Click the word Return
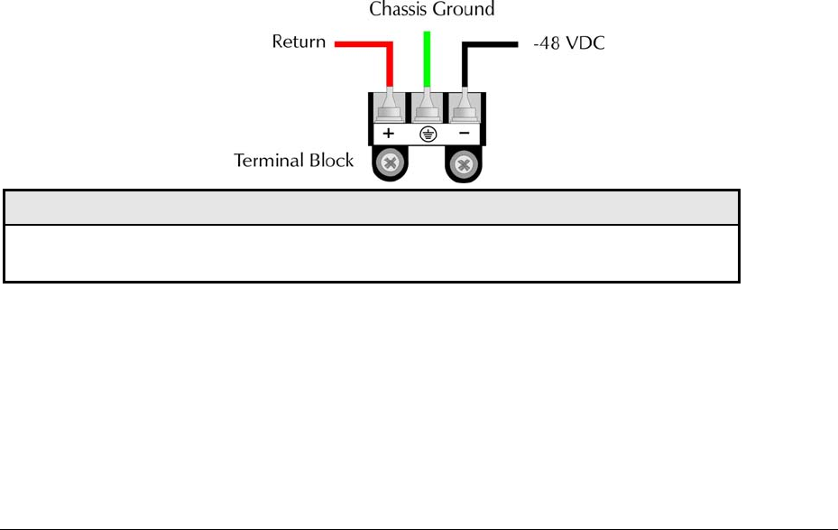[299, 42]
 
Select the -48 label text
[540, 42]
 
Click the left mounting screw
[391, 164]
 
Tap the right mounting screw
[464, 164]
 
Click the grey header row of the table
[372, 207]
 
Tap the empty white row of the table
[372, 253]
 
